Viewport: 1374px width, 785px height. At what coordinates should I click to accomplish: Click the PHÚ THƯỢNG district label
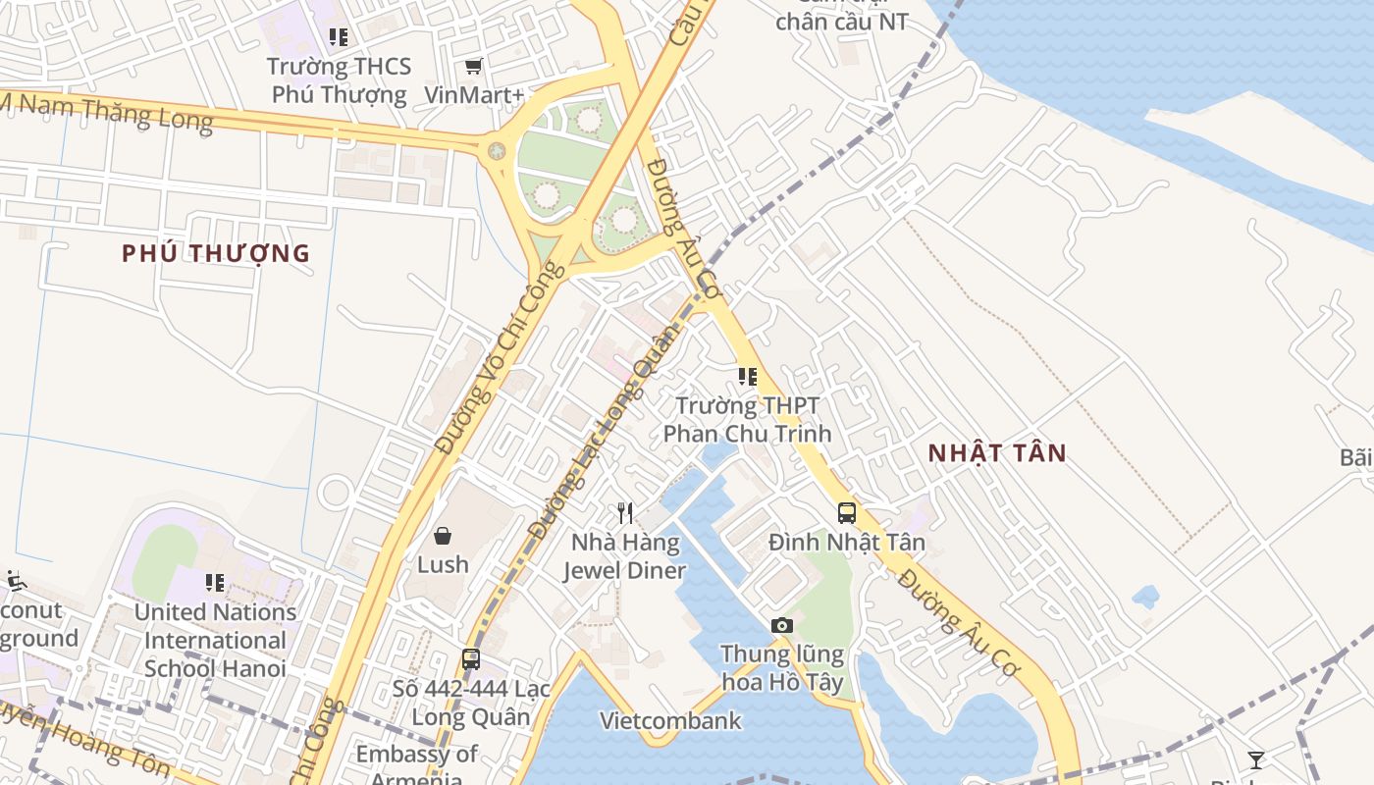point(216,253)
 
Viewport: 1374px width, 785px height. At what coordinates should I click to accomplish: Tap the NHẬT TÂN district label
point(997,453)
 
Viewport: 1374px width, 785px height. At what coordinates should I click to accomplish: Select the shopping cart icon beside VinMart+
point(474,67)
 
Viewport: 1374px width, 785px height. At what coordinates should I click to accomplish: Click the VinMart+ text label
point(475,95)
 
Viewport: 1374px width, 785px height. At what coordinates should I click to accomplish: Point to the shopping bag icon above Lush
point(443,536)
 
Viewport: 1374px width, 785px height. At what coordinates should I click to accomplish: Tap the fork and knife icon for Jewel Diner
point(624,512)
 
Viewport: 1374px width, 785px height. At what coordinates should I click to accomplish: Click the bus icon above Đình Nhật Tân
point(846,512)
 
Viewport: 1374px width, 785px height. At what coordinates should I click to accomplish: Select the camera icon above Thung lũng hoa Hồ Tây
point(782,625)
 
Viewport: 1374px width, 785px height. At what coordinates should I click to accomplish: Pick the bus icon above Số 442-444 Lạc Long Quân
point(471,659)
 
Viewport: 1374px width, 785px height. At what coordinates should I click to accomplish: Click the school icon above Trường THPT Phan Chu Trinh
point(748,376)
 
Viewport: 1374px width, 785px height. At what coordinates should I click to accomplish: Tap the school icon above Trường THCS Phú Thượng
point(339,37)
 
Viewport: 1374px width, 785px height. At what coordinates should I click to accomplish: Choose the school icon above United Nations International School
point(215,583)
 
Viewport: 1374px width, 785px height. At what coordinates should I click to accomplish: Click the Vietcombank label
point(671,721)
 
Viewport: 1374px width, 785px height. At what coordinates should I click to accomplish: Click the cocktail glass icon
point(1255,759)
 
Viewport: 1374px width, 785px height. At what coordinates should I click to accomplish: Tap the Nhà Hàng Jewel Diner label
point(624,556)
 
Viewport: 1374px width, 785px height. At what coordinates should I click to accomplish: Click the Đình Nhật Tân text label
point(846,542)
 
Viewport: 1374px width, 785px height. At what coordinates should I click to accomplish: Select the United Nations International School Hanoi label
point(215,640)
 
